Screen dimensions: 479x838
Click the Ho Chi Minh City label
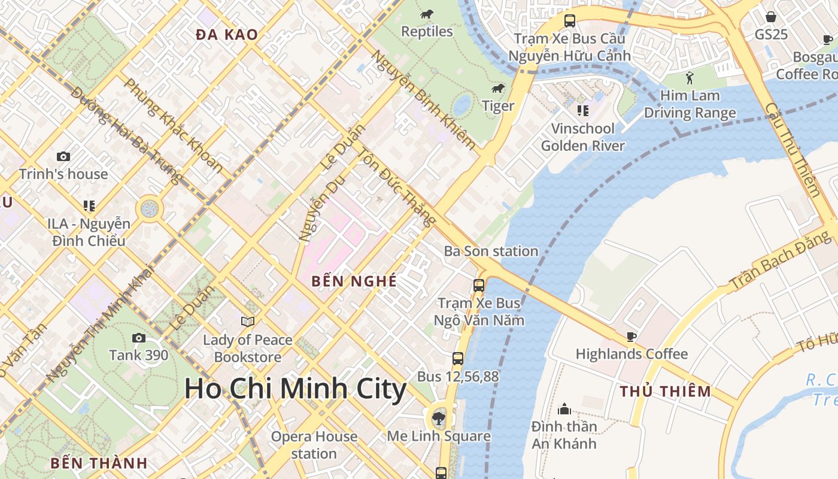coord(295,389)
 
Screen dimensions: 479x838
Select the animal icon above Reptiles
coord(427,14)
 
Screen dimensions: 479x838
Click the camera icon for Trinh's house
coord(63,157)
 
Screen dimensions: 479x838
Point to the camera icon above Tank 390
coord(139,338)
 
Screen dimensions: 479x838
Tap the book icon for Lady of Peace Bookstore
coord(248,322)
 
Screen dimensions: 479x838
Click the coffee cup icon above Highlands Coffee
coord(631,336)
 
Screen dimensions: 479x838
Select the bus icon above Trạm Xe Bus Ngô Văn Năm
coord(479,285)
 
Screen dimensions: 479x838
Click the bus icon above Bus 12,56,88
coord(458,359)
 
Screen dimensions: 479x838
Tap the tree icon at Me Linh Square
coord(439,418)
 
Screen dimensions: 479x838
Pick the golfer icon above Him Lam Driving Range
coord(690,78)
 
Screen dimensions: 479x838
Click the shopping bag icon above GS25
coord(771,17)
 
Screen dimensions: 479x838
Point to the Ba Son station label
coord(491,251)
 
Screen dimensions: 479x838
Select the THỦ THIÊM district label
coord(665,392)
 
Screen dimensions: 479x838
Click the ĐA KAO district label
coord(227,35)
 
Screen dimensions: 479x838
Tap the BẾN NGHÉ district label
coord(354,281)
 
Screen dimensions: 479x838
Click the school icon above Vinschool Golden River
coord(582,110)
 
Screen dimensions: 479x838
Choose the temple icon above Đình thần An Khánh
coord(564,410)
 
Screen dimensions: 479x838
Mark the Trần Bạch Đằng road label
coord(780,260)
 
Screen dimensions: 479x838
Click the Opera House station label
coord(314,445)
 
